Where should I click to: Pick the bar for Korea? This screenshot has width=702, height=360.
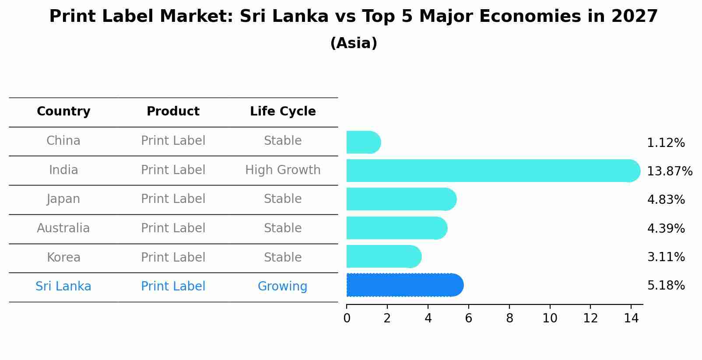click(x=383, y=256)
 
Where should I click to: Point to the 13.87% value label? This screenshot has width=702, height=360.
click(x=669, y=171)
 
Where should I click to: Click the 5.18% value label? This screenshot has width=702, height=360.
click(x=666, y=286)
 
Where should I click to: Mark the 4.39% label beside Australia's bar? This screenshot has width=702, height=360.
click(x=666, y=228)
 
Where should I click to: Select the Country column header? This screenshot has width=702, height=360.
click(x=63, y=112)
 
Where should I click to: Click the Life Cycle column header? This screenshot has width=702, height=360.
click(x=283, y=112)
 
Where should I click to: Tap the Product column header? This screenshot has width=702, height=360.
click(x=173, y=112)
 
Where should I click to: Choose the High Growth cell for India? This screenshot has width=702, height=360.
click(x=283, y=170)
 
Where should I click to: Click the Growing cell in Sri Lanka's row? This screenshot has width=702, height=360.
click(x=282, y=287)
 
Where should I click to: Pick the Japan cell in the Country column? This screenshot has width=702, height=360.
click(x=63, y=199)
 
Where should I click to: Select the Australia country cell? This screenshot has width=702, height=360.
click(x=63, y=228)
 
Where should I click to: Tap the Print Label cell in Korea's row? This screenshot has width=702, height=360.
click(x=173, y=257)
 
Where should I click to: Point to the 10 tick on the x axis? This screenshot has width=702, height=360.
click(x=550, y=318)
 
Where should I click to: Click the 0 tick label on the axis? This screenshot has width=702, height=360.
click(x=347, y=318)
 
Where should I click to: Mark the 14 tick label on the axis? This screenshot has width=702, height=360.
click(x=631, y=318)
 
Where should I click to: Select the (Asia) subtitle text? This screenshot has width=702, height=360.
click(x=354, y=43)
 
